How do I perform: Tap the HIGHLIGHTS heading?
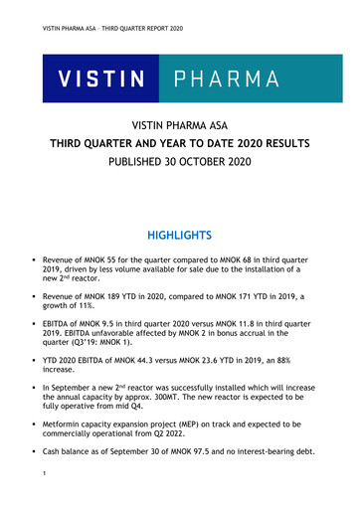point(180,236)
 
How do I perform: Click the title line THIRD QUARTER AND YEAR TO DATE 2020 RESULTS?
point(180,144)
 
